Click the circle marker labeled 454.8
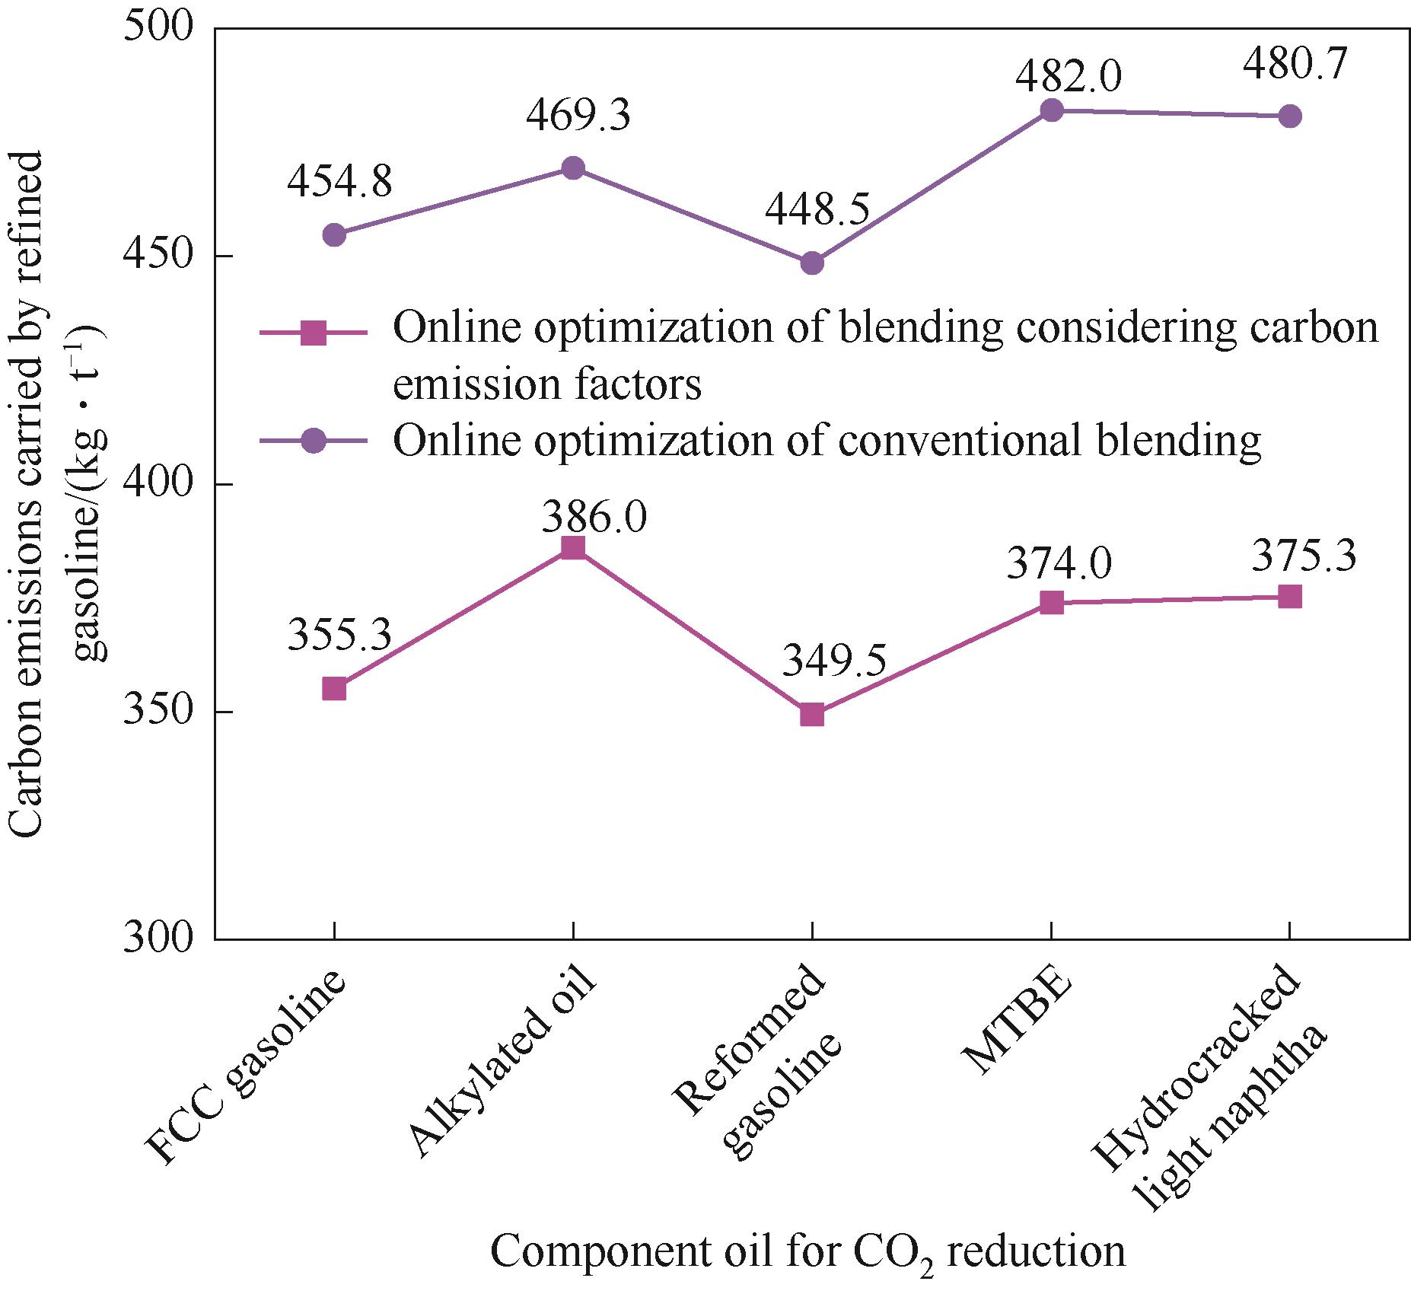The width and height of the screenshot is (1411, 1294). tap(334, 234)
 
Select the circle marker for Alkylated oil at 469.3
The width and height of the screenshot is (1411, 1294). tap(573, 167)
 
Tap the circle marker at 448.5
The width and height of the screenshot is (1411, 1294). tap(812, 263)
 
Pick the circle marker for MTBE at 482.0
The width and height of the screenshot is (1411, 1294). tap(1051, 110)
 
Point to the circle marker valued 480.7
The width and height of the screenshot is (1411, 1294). tap(1290, 116)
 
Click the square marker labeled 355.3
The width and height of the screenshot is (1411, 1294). tap(334, 689)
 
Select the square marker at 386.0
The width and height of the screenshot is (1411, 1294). tap(573, 548)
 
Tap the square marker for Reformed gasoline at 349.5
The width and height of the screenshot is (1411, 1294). tap(812, 715)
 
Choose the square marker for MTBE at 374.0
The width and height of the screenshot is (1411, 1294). tap(1051, 603)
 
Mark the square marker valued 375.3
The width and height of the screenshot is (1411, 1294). tap(1290, 597)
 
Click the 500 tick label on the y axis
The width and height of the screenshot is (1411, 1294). tap(160, 29)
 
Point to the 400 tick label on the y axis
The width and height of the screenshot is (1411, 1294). tap(160, 484)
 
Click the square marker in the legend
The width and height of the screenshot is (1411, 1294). tap(313, 333)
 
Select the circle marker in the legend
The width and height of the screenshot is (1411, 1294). tap(313, 441)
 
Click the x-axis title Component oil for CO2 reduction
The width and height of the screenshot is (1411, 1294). tap(807, 1252)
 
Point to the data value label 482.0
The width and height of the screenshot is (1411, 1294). tap(1069, 77)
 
